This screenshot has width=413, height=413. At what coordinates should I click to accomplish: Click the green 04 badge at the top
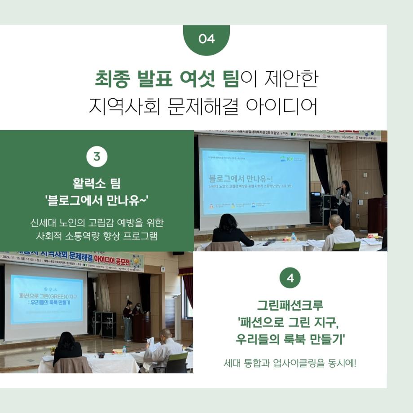click(206, 39)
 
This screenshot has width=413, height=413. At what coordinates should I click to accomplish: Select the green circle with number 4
click(290, 278)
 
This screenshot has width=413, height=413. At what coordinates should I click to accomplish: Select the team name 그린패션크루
click(290, 306)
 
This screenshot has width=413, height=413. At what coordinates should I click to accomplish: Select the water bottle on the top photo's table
click(294, 237)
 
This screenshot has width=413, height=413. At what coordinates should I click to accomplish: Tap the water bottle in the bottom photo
click(124, 350)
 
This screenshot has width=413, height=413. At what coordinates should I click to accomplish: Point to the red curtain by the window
click(188, 287)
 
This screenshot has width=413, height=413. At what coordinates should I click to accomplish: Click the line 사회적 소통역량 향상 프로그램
click(97, 236)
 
